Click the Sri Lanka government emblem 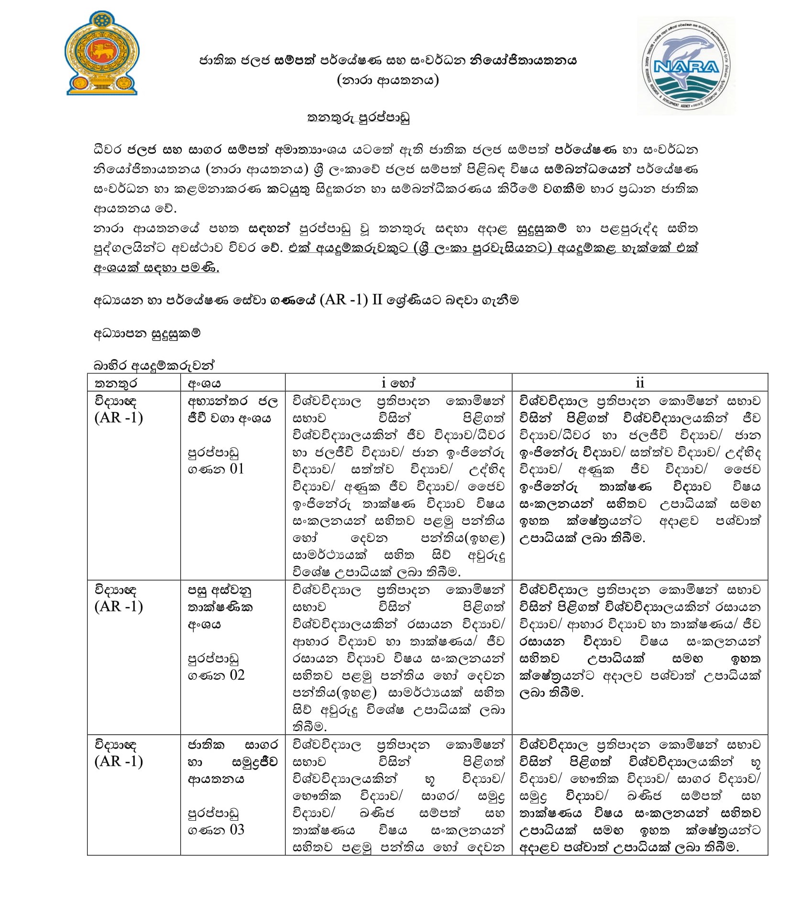tap(101, 54)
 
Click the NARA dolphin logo tap(686, 66)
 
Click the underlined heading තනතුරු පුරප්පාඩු tap(358, 118)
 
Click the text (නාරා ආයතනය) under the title tap(387, 80)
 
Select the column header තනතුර tap(116, 383)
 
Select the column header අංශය tap(204, 383)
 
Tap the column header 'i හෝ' tap(398, 383)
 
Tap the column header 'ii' tap(639, 383)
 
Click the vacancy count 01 tap(237, 468)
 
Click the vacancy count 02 tap(237, 675)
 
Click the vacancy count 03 tap(237, 829)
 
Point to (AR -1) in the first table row tap(119, 418)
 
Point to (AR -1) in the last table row tap(119, 761)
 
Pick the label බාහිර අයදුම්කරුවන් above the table tap(154, 366)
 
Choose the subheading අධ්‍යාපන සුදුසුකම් tap(147, 333)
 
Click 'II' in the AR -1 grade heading tap(377, 300)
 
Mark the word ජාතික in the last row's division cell tap(206, 745)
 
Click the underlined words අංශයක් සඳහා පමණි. tap(156, 268)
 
